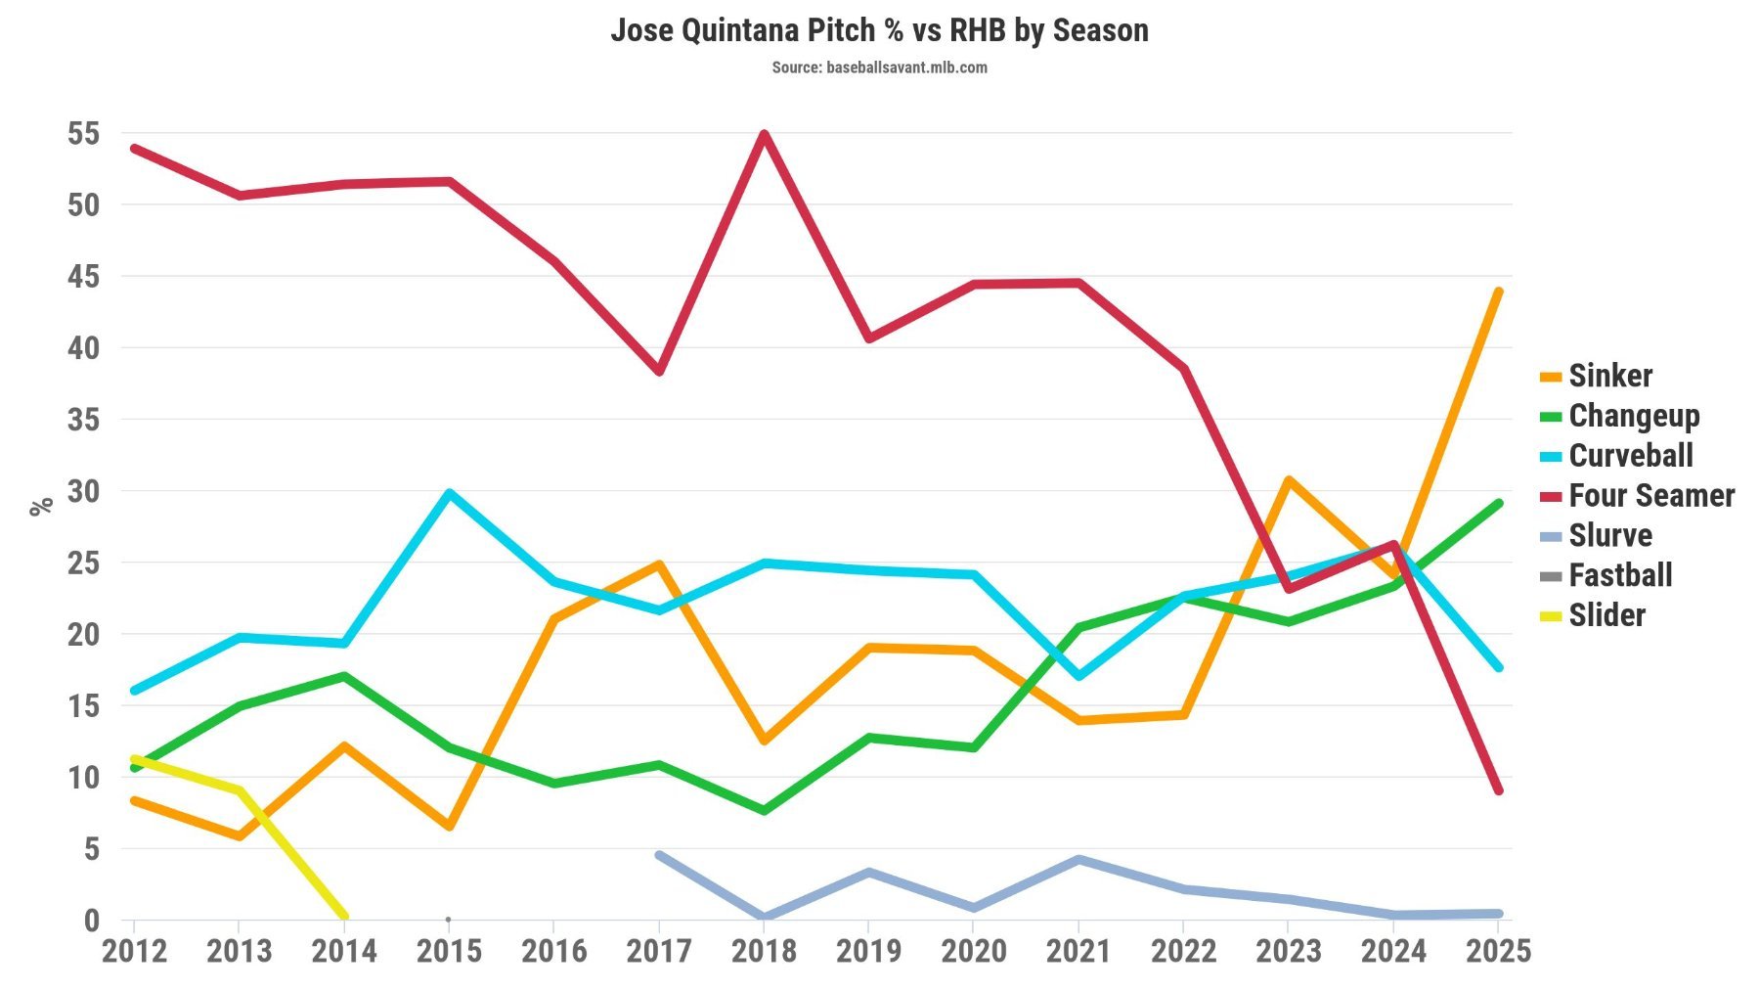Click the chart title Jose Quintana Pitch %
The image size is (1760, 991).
(x=879, y=30)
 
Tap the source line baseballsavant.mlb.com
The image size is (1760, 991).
(x=879, y=68)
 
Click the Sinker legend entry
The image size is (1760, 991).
(x=1609, y=376)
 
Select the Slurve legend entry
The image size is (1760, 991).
(x=1609, y=535)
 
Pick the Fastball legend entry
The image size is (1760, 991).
(x=1619, y=575)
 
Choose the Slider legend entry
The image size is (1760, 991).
(x=1606, y=615)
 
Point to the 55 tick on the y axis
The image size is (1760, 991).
(x=84, y=134)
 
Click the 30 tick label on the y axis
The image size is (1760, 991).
(x=84, y=491)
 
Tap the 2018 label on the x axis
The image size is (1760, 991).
(x=764, y=951)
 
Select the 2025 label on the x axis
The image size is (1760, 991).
(x=1498, y=951)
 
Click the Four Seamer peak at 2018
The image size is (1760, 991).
(x=765, y=134)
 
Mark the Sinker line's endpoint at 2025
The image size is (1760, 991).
(x=1498, y=292)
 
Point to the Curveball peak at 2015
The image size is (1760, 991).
(x=449, y=493)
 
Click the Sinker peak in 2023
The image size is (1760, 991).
(x=1289, y=480)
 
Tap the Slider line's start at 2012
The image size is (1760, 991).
(x=134, y=758)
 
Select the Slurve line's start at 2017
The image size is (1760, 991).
(x=659, y=855)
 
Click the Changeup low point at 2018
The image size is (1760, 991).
(x=764, y=810)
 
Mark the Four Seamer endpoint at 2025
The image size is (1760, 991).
(x=1498, y=789)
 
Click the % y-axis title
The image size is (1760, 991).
(x=40, y=506)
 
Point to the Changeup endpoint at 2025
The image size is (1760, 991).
(x=1498, y=504)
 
